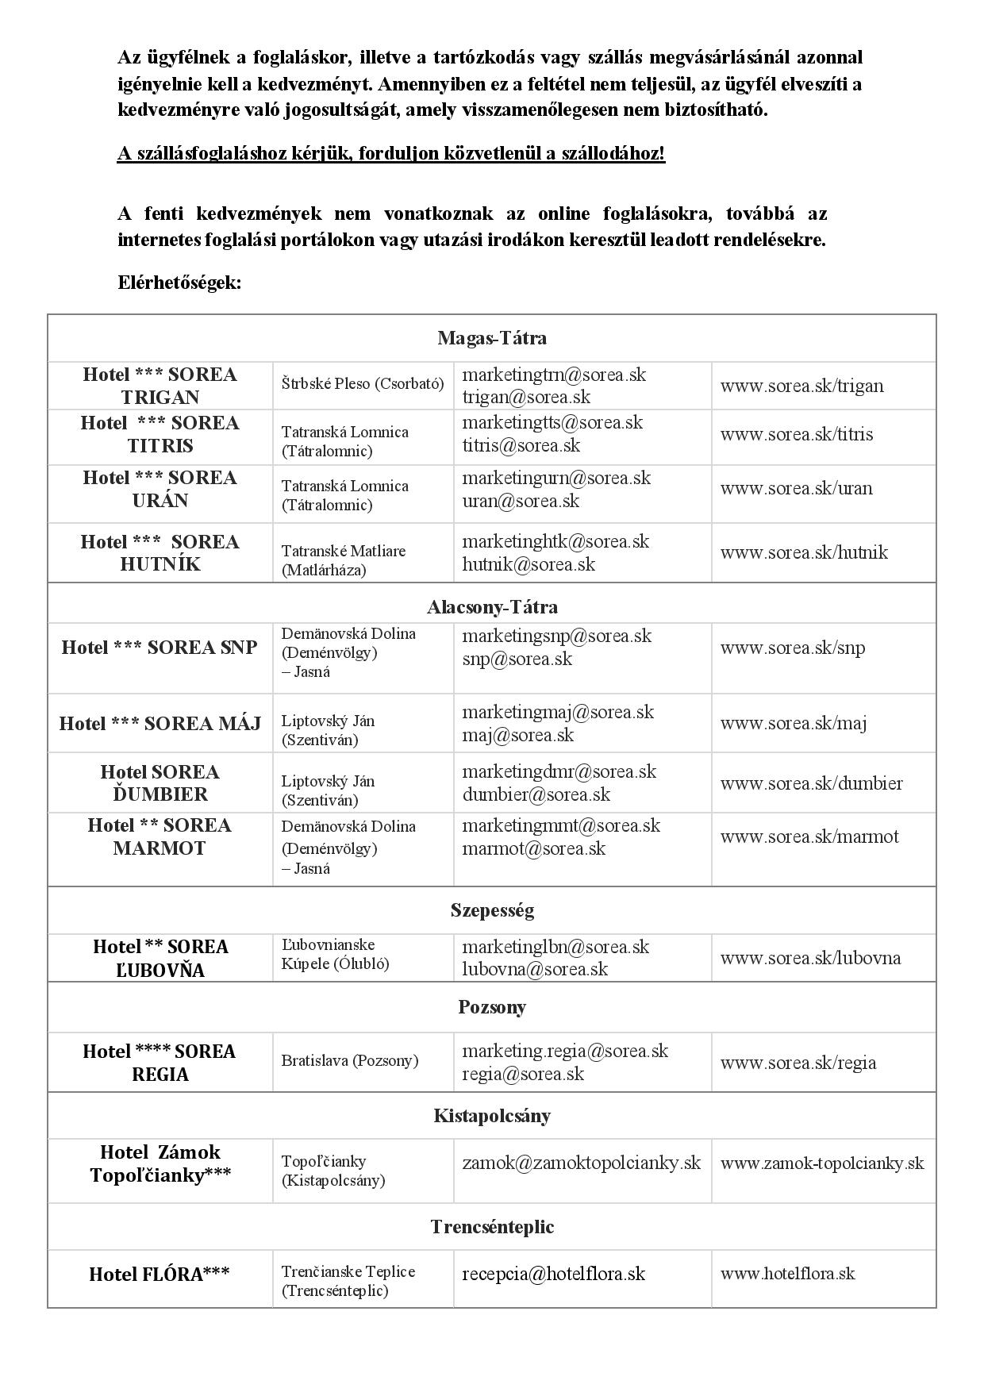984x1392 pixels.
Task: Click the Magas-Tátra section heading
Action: pyautogui.click(x=491, y=338)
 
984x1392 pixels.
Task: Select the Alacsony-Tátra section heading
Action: pyautogui.click(x=491, y=607)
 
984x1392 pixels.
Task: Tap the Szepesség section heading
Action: pyautogui.click(x=491, y=909)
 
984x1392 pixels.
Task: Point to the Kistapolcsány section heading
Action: pyautogui.click(x=491, y=1116)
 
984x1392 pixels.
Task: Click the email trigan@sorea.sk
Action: pyautogui.click(x=526, y=397)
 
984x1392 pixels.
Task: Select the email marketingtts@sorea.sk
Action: pyautogui.click(x=552, y=422)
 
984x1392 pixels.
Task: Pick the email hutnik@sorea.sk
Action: pyautogui.click(x=529, y=564)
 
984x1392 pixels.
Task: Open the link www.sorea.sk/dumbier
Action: pyautogui.click(x=811, y=783)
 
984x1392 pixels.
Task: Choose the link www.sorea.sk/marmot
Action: pyautogui.click(x=809, y=836)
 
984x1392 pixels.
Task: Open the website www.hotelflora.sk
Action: pyautogui.click(x=787, y=1274)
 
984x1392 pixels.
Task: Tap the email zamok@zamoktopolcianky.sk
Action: pyautogui.click(x=582, y=1163)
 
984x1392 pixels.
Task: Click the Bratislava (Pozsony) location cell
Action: pyautogui.click(x=349, y=1061)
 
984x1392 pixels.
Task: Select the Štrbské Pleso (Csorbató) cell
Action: pyautogui.click(x=362, y=384)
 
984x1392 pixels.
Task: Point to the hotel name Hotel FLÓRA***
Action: pyautogui.click(x=160, y=1275)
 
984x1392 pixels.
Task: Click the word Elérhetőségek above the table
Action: pyautogui.click(x=179, y=283)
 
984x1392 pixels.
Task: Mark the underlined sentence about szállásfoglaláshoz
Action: pyautogui.click(x=391, y=153)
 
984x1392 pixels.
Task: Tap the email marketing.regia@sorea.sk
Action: pyautogui.click(x=565, y=1051)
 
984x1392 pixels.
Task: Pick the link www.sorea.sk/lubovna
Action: pyautogui.click(x=810, y=958)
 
